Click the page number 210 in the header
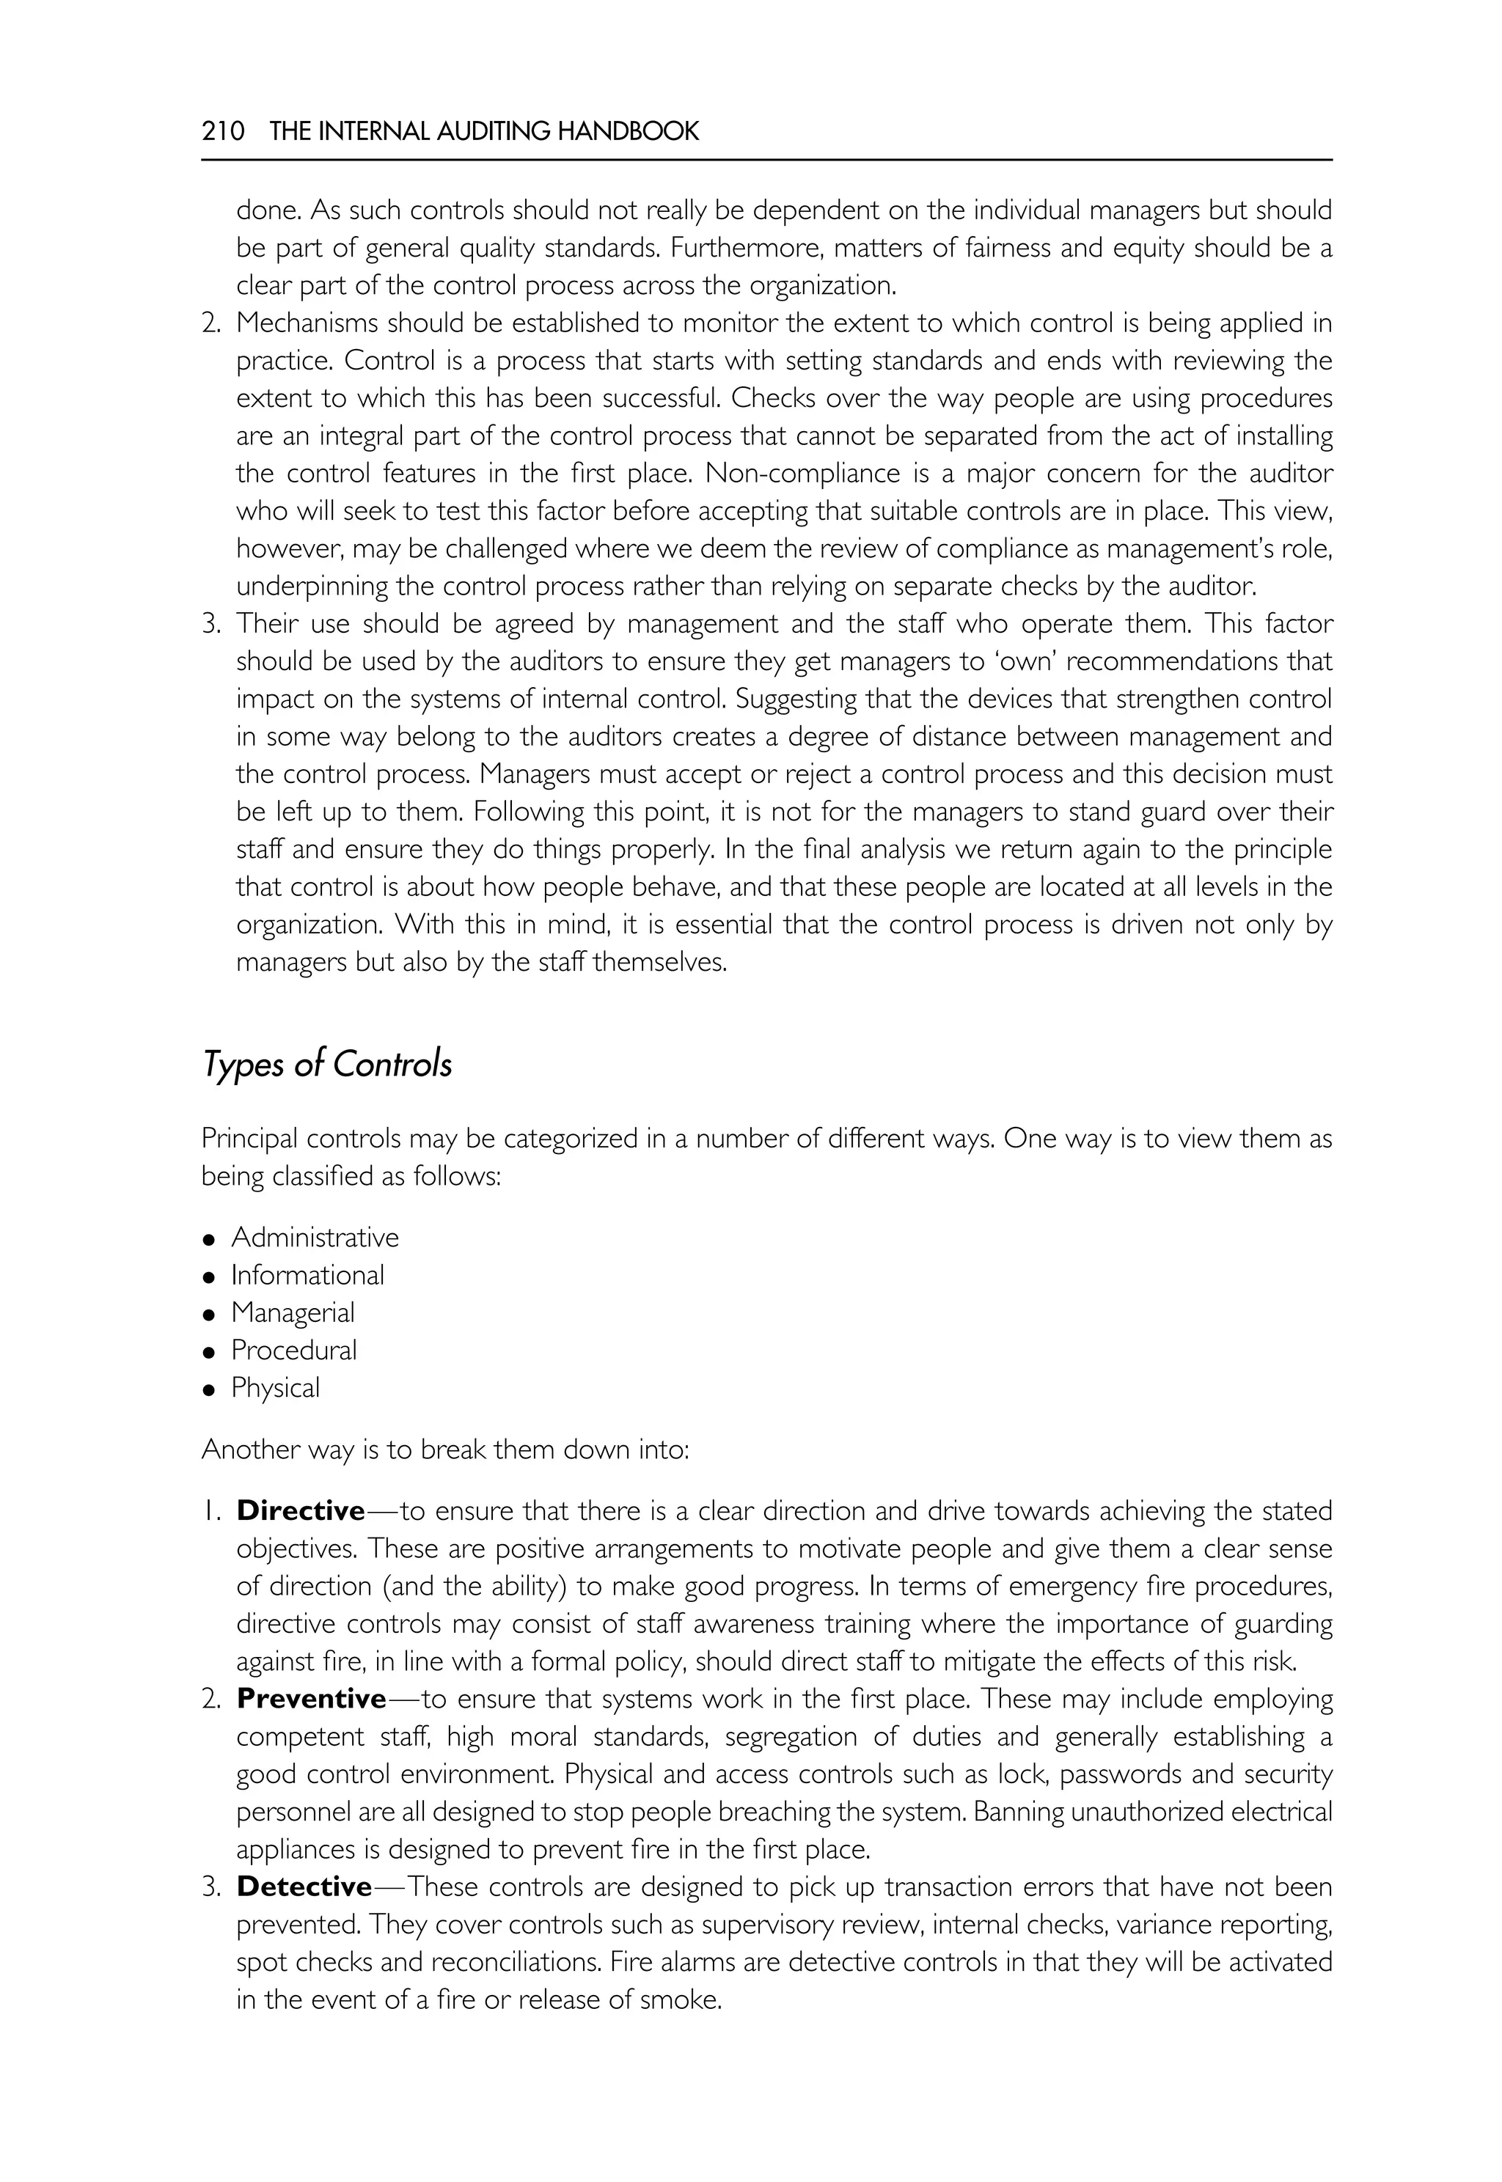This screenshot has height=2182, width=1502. [222, 131]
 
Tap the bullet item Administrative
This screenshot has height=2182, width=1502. [315, 1238]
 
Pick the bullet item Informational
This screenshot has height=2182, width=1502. [308, 1275]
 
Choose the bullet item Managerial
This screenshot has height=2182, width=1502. [293, 1312]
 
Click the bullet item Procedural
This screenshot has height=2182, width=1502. [293, 1351]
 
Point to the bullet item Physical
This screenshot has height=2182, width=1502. [275, 1388]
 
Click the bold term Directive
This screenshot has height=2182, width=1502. [300, 1511]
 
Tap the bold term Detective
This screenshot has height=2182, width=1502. [304, 1887]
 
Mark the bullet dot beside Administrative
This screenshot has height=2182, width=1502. [210, 1239]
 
